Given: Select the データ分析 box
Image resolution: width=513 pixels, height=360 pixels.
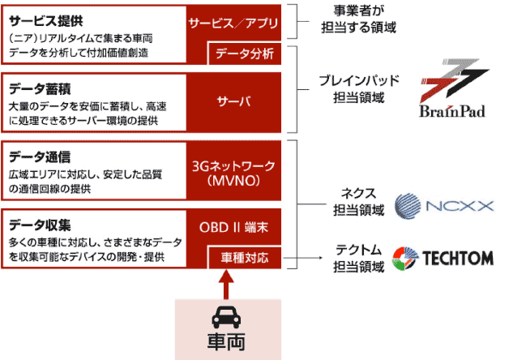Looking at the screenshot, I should tap(245, 54).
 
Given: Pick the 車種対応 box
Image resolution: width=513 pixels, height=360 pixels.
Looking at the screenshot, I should tap(245, 258).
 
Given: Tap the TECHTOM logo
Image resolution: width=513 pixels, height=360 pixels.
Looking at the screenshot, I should tap(443, 258).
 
